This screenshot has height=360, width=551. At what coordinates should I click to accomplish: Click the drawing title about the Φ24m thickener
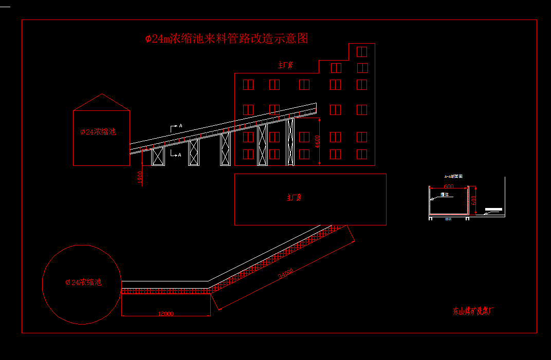[x=227, y=39]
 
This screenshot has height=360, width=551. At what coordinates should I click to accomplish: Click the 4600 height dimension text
[x=318, y=142]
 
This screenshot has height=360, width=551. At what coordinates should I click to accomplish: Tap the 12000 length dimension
[x=166, y=313]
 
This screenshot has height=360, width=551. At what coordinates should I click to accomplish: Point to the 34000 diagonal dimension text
[x=286, y=274]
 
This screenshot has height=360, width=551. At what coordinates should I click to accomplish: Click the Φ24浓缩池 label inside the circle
[x=83, y=282]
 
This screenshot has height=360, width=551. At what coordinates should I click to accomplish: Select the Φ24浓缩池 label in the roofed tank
[x=98, y=132]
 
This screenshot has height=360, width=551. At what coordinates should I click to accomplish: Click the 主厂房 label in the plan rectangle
[x=294, y=197]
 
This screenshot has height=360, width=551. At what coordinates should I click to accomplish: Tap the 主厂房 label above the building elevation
[x=285, y=65]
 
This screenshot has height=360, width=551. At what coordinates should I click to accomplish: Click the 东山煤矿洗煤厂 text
[x=472, y=311]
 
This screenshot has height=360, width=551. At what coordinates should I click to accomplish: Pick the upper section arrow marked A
[x=176, y=126]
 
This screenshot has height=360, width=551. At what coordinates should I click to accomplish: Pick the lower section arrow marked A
[x=176, y=154]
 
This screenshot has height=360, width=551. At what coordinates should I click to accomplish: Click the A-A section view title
[x=454, y=176]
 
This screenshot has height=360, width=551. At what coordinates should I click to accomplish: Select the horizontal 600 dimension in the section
[x=448, y=186]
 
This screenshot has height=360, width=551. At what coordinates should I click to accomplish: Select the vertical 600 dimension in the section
[x=474, y=199]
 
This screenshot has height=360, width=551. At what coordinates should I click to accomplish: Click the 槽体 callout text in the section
[x=445, y=195]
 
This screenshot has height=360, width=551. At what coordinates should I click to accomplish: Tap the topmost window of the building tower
[x=362, y=51]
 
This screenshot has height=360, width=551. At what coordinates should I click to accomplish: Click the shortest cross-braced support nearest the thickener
[x=158, y=157]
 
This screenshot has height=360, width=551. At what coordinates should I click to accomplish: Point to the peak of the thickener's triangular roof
[x=102, y=94]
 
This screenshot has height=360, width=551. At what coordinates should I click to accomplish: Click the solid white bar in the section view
[x=493, y=209]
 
